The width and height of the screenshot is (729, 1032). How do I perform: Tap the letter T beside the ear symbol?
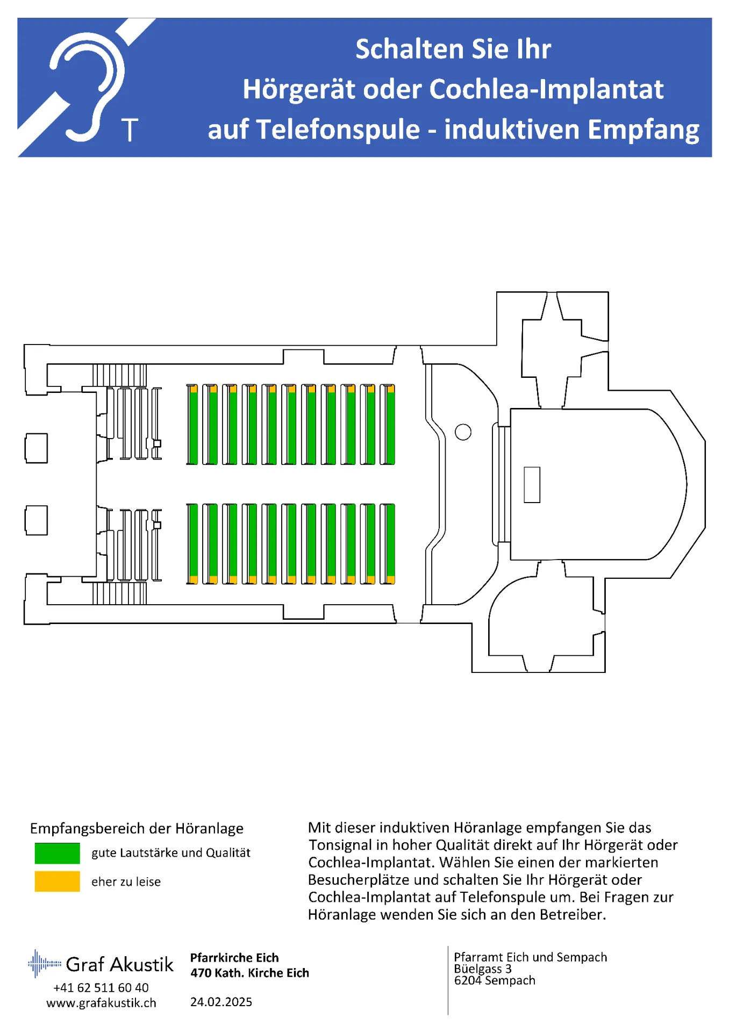pyautogui.click(x=130, y=130)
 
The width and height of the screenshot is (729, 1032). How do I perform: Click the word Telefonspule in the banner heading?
pyautogui.click(x=338, y=130)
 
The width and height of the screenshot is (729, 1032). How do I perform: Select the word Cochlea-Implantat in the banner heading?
pyautogui.click(x=547, y=89)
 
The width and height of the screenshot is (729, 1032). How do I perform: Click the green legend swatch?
pyautogui.click(x=57, y=853)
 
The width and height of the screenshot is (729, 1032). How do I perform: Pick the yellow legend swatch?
pyautogui.click(x=57, y=881)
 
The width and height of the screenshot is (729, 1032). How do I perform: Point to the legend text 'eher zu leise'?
pyautogui.click(x=126, y=882)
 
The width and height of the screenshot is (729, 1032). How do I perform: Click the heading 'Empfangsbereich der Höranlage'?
pyautogui.click(x=137, y=829)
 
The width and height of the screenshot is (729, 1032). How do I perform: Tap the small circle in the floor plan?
pyautogui.click(x=463, y=432)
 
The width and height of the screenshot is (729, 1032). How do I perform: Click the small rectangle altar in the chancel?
pyautogui.click(x=532, y=484)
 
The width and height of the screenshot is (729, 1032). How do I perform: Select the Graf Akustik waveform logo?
pyautogui.click(x=44, y=963)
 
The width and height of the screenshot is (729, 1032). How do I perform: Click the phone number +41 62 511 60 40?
pyautogui.click(x=101, y=988)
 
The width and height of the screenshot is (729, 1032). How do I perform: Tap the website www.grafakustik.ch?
pyautogui.click(x=101, y=1003)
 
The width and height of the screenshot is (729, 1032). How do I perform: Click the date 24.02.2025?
pyautogui.click(x=221, y=1002)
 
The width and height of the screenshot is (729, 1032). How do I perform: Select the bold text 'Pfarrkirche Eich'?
pyautogui.click(x=234, y=958)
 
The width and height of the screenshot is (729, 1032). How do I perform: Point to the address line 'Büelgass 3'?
pyautogui.click(x=482, y=969)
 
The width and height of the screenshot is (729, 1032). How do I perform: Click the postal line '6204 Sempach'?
pyautogui.click(x=495, y=981)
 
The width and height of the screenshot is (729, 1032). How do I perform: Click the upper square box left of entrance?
pyautogui.click(x=37, y=448)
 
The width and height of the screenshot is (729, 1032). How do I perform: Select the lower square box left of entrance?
pyautogui.click(x=37, y=520)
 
